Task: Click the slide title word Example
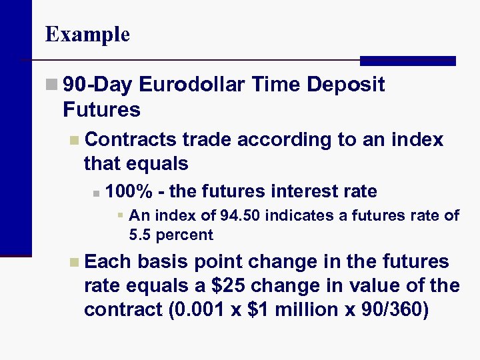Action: (x=87, y=34)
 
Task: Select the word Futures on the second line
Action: (x=101, y=109)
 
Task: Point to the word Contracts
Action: (x=131, y=140)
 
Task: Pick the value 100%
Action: (x=129, y=192)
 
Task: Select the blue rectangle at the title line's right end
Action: (x=407, y=61)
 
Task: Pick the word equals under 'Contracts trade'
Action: (x=158, y=163)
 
